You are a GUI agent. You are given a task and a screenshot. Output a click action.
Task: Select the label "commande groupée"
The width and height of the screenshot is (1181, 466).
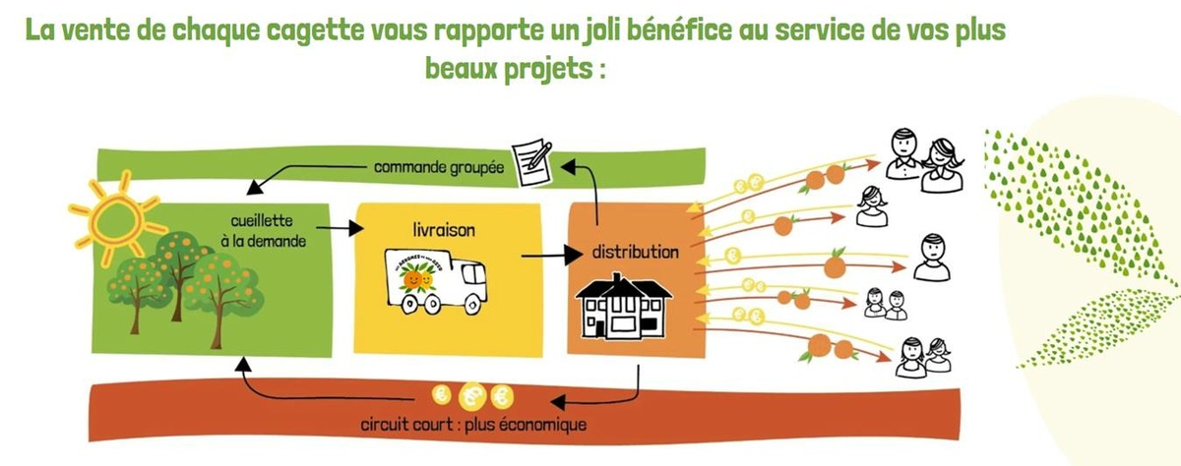438,167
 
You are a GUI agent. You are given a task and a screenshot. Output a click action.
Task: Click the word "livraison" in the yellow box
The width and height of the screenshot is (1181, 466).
445,228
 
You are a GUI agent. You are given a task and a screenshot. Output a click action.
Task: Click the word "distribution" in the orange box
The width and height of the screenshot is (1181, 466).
635,252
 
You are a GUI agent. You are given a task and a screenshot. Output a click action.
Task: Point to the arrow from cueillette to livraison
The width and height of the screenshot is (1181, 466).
338,229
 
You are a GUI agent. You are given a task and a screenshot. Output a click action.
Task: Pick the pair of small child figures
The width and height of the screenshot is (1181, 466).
884,303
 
